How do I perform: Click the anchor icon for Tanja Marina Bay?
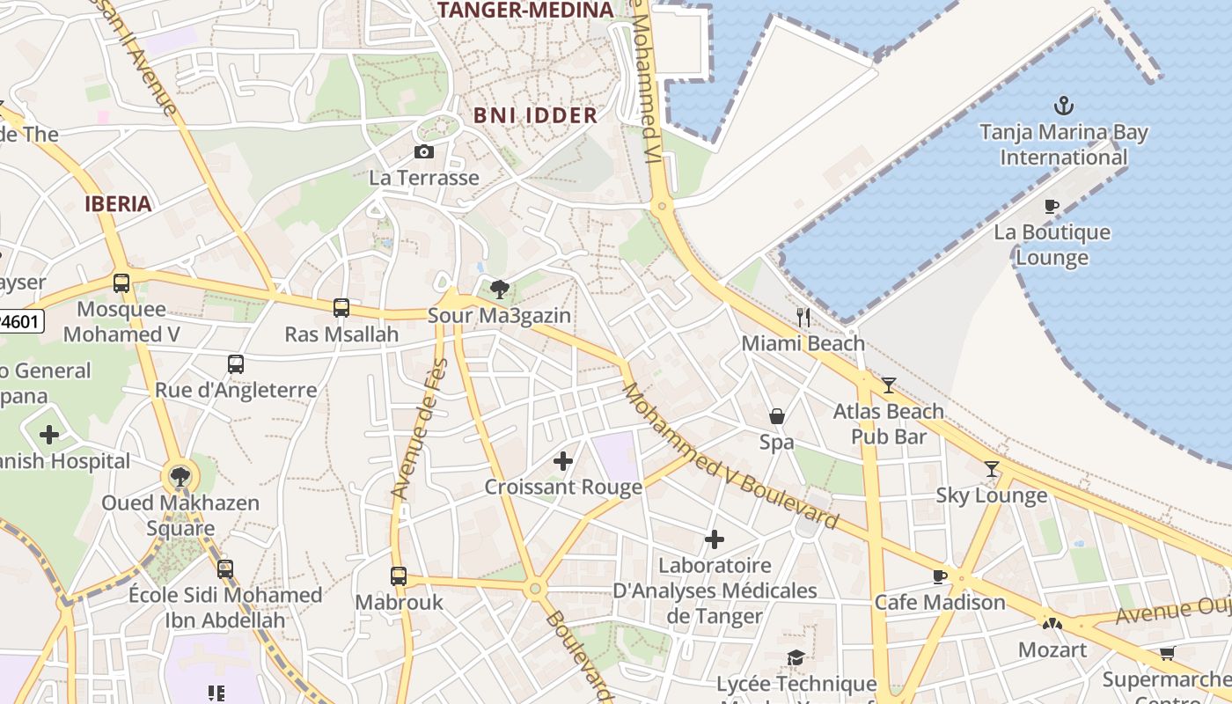1064,106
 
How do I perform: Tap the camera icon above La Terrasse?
423,151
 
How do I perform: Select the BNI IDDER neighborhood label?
535,115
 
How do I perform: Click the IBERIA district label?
118,204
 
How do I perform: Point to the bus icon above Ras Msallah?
341,308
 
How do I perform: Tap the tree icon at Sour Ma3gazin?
499,289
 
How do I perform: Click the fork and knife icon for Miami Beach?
803,318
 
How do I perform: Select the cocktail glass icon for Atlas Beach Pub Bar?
888,385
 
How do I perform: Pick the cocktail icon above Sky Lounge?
992,468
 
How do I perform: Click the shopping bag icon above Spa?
777,415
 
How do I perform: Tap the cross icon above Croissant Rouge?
563,460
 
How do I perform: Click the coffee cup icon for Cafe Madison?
939,576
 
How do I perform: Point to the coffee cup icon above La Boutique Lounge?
1051,207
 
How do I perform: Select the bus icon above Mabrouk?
399,576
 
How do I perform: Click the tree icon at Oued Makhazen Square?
180,477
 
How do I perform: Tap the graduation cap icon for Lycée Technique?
796,658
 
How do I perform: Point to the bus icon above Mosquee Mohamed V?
121,283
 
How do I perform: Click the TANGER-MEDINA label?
524,11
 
